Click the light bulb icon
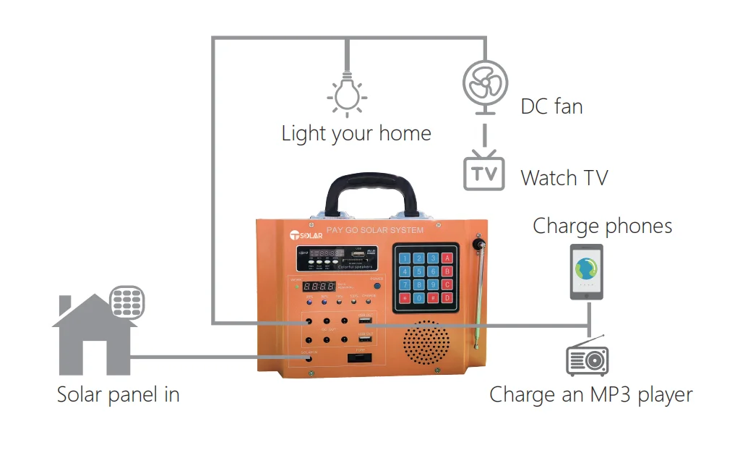coord(348,95)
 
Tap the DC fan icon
coord(484,81)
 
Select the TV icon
coord(484,172)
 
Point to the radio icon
coord(587,357)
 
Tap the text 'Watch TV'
coord(564,178)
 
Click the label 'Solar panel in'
coord(118,395)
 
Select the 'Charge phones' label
coord(602,226)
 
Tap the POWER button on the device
coord(377,286)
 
